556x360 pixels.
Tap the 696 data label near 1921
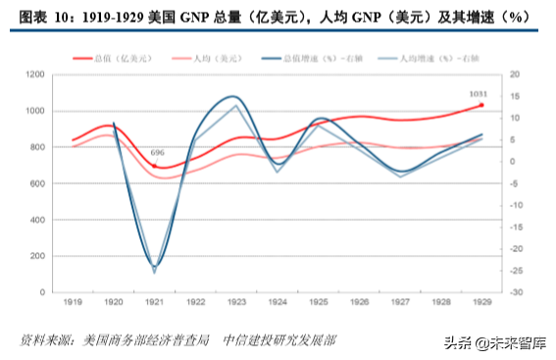(x=157, y=153)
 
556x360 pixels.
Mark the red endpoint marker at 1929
(x=480, y=105)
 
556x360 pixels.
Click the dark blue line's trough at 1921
(x=154, y=266)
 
